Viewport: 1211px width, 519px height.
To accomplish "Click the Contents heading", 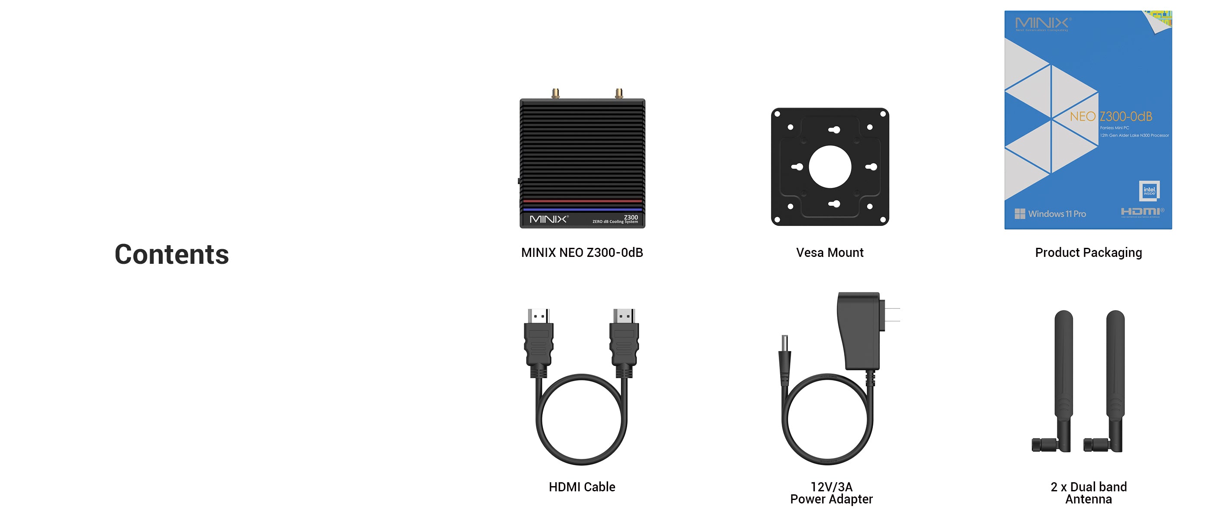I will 172,254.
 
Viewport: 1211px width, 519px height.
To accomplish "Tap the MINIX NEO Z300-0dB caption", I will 582,253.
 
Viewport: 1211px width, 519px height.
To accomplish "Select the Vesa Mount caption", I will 830,253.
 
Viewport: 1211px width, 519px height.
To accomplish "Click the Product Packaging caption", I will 1088,253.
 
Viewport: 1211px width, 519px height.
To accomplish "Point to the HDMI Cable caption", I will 582,487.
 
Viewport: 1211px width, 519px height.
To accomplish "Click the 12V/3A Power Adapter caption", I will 831,493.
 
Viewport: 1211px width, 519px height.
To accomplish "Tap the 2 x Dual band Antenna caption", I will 1088,493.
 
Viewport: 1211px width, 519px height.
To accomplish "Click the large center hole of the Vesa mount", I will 830,167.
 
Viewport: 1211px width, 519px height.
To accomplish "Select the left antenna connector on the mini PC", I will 555,93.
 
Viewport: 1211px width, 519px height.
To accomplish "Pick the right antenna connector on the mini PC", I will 619,93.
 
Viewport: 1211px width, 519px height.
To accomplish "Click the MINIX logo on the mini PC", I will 548,219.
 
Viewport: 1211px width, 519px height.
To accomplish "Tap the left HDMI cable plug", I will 539,341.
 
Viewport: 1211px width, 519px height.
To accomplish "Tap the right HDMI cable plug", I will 624,341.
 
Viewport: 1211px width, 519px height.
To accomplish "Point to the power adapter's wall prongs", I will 891,315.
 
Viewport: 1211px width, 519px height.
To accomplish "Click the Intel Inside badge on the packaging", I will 1150,190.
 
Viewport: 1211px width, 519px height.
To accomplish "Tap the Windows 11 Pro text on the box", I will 1056,214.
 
